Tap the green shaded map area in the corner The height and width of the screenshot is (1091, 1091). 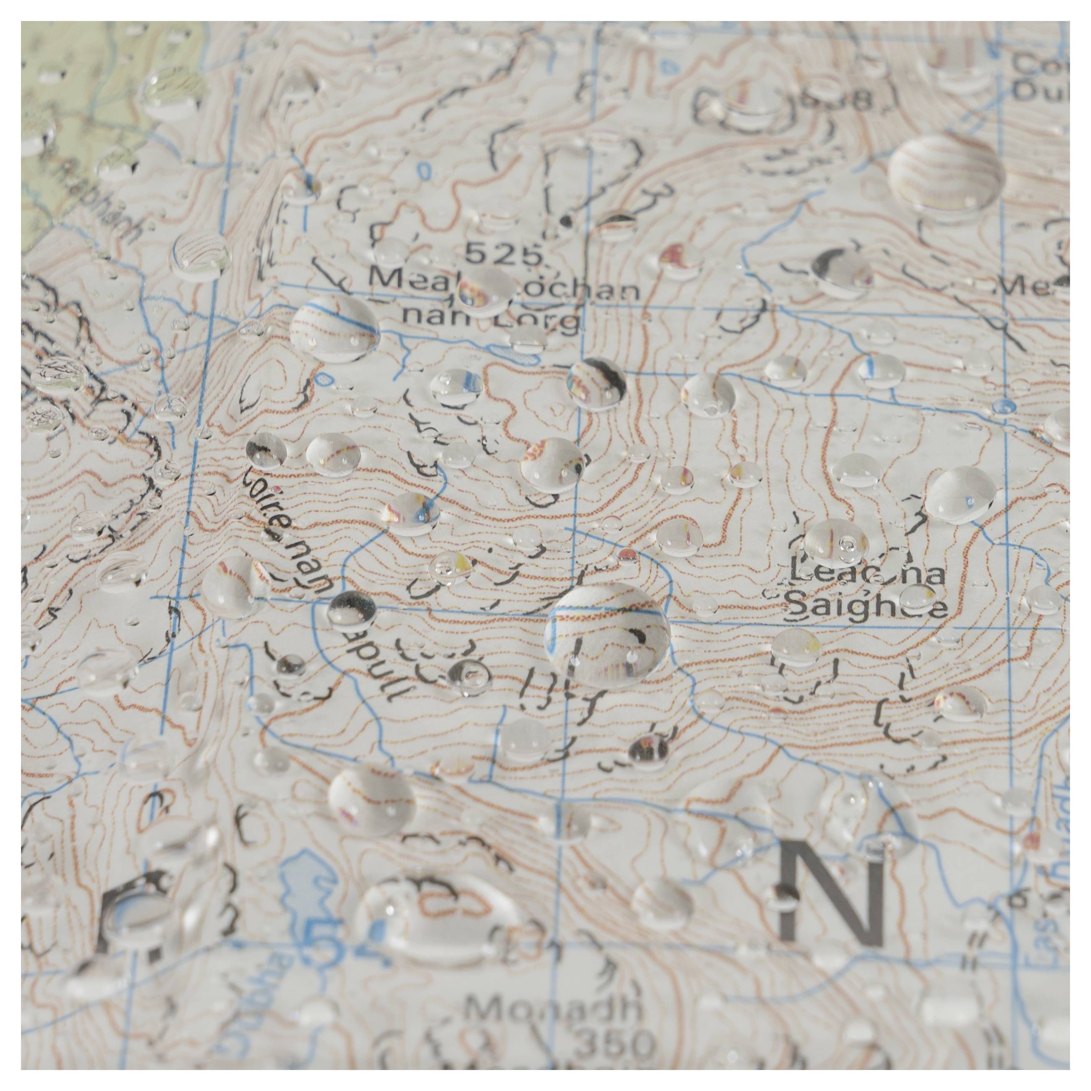point(68,113)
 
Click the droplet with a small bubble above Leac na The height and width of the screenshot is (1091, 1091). point(836,542)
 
